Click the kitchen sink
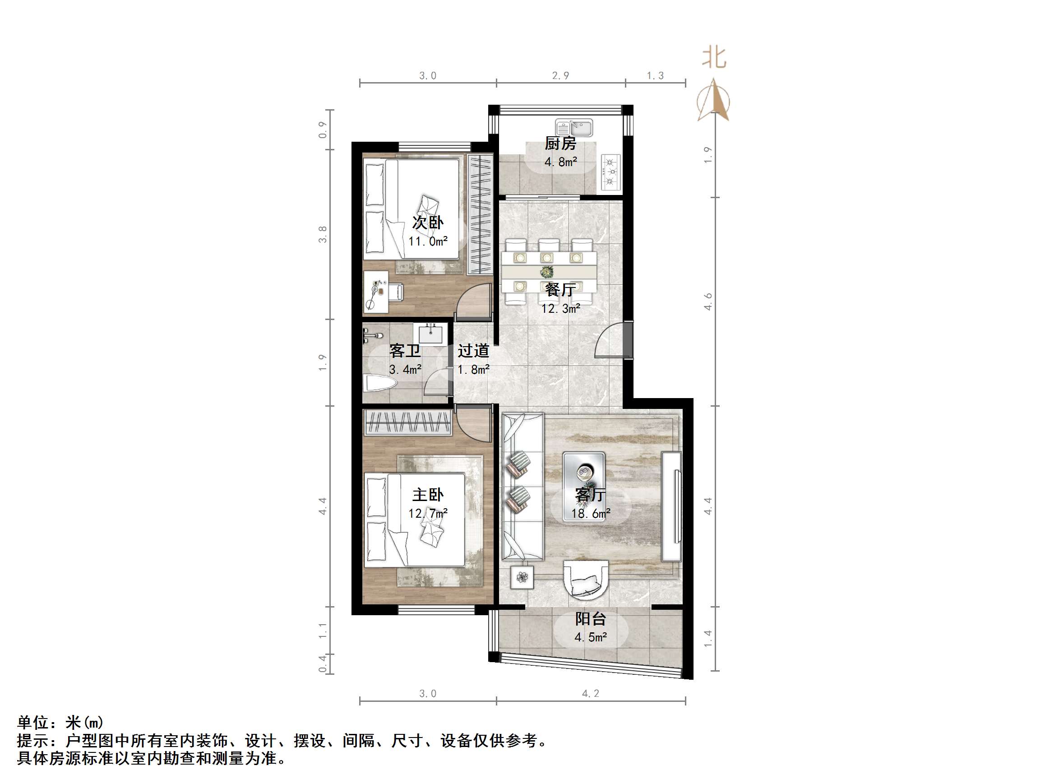(x=574, y=128)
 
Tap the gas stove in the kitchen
(x=610, y=172)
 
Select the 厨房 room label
(x=560, y=143)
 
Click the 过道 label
(x=473, y=351)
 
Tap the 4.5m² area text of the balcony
(x=591, y=637)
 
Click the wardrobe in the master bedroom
(x=407, y=422)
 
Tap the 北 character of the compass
(x=713, y=58)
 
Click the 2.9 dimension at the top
(x=560, y=76)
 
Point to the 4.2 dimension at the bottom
(x=591, y=693)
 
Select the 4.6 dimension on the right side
(x=707, y=302)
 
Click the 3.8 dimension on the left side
(x=323, y=234)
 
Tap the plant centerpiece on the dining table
(x=547, y=272)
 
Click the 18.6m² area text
(x=591, y=513)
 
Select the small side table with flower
(x=522, y=577)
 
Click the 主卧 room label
(x=428, y=495)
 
